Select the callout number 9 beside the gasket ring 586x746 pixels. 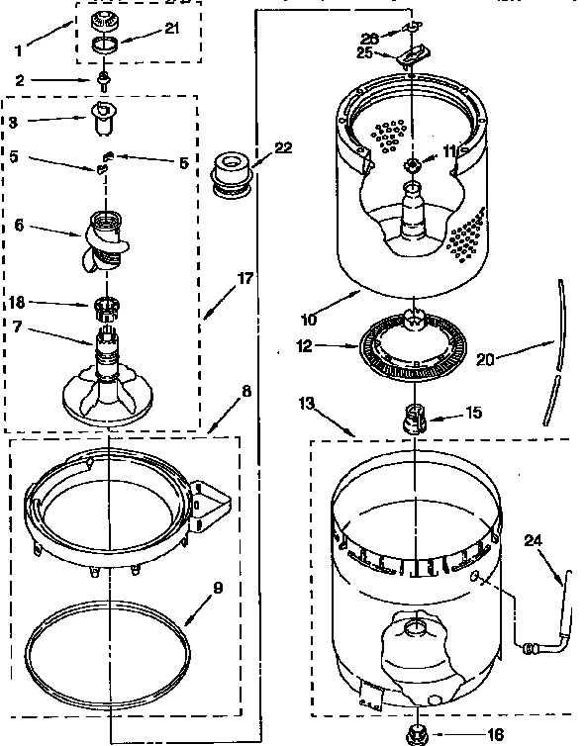(x=217, y=588)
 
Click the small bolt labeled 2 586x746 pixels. (x=104, y=82)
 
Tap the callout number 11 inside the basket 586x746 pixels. (x=450, y=150)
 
